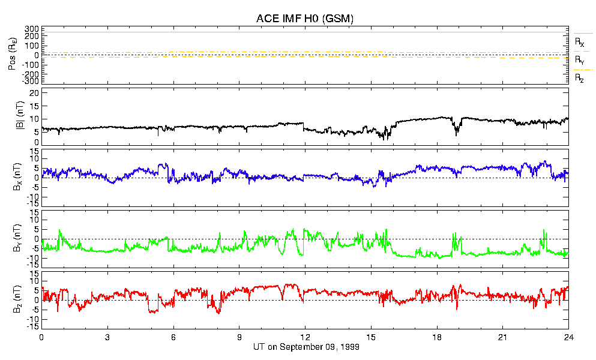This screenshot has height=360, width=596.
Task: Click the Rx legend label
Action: [579, 43]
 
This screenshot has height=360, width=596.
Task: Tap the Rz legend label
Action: [579, 78]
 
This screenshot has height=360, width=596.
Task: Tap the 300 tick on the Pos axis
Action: [31, 29]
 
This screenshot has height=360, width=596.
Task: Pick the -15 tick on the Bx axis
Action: [32, 203]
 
